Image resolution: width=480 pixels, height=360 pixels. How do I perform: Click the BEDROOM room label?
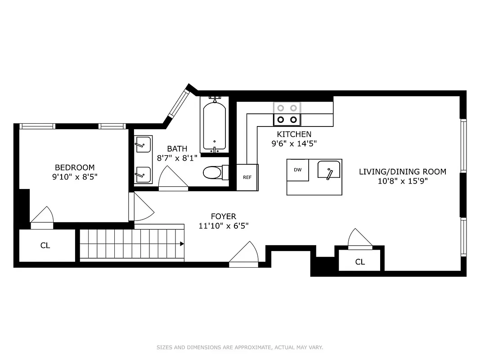pyautogui.click(x=75, y=168)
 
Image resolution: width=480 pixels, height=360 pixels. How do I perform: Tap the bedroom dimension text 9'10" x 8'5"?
pyautogui.click(x=75, y=177)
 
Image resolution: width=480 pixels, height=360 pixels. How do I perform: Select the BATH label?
pyautogui.click(x=177, y=148)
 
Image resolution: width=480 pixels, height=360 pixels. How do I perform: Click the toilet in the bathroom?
pyautogui.click(x=213, y=172)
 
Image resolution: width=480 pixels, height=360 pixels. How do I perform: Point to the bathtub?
pyautogui.click(x=214, y=126)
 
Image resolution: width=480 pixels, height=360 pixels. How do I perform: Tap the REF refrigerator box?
pyautogui.click(x=247, y=177)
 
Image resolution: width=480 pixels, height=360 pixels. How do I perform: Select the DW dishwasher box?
pyautogui.click(x=298, y=170)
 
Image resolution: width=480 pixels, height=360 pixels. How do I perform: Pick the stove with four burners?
pyautogui.click(x=287, y=114)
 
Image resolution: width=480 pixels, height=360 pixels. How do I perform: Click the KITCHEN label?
pyautogui.click(x=294, y=134)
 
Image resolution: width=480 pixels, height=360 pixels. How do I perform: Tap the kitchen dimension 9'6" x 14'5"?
pyautogui.click(x=294, y=144)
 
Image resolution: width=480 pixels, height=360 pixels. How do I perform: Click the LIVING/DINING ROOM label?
pyautogui.click(x=402, y=171)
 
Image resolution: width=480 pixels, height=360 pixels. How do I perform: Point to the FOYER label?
pyautogui.click(x=224, y=216)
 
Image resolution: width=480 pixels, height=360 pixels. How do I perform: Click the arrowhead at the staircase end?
pyautogui.click(x=182, y=244)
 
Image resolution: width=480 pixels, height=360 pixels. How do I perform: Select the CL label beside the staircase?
pyautogui.click(x=45, y=245)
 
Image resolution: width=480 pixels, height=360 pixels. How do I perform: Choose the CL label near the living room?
pyautogui.click(x=360, y=262)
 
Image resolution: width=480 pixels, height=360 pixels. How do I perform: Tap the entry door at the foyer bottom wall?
pyautogui.click(x=244, y=255)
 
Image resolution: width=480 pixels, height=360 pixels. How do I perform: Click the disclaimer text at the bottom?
pyautogui.click(x=240, y=347)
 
